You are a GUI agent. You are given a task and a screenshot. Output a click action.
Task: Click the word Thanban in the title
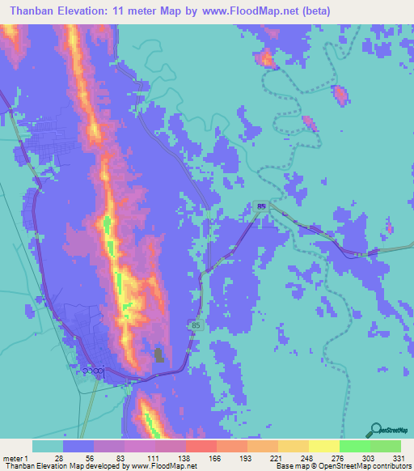34,11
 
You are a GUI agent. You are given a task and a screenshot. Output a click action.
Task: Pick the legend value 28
59,458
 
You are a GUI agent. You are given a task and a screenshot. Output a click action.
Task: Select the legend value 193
245,458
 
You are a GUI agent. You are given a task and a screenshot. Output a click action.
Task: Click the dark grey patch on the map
158,354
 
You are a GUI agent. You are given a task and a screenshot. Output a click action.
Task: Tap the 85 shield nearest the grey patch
196,325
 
